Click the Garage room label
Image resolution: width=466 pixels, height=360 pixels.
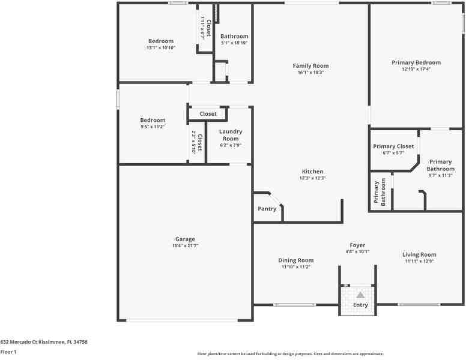[185, 239]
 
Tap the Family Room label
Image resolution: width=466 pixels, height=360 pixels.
[310, 66]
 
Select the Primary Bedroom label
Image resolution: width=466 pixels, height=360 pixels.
[416, 62]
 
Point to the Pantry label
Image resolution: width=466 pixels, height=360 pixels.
[267, 209]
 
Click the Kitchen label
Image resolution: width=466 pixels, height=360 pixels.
[312, 172]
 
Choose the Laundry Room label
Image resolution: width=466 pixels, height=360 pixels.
[231, 135]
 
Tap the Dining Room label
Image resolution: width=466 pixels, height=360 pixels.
[295, 260]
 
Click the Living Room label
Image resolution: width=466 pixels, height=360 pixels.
[419, 255]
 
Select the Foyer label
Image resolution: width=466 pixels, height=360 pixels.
[357, 245]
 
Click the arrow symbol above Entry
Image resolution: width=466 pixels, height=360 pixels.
[360, 295]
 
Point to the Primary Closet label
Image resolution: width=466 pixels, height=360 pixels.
[393, 146]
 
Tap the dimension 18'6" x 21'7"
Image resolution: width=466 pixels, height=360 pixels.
[185, 246]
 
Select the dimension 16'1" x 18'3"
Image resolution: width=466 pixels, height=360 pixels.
[310, 73]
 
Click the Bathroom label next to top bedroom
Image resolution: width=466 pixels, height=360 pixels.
[234, 37]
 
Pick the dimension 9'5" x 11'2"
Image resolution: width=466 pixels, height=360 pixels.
[153, 127]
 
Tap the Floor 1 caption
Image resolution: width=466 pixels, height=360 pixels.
[8, 352]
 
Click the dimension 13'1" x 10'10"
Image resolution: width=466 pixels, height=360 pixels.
[160, 48]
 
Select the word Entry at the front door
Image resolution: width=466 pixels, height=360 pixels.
[360, 305]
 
